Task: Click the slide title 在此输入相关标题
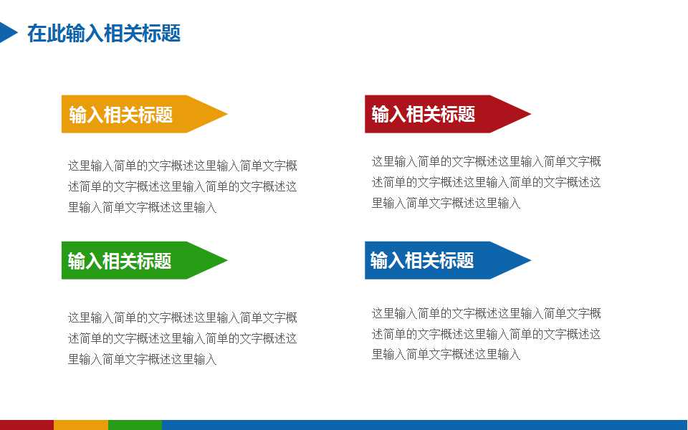click(x=103, y=33)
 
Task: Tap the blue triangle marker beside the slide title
click(x=7, y=32)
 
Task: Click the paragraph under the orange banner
click(x=182, y=186)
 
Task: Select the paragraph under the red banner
click(x=486, y=182)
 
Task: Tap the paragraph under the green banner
click(x=182, y=338)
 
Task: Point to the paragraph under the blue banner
click(x=486, y=334)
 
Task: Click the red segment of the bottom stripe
click(x=27, y=425)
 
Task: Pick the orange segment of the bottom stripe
click(x=80, y=425)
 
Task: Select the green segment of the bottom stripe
click(x=135, y=425)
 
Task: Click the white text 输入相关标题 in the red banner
click(x=423, y=114)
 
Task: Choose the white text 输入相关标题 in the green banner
click(x=120, y=261)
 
